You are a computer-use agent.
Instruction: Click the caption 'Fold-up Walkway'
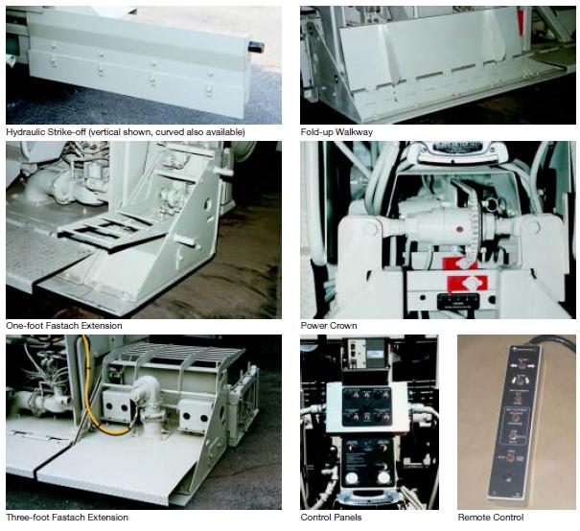point(336,132)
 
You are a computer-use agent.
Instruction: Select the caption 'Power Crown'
point(329,326)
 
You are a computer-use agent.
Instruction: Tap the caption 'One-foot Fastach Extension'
point(64,326)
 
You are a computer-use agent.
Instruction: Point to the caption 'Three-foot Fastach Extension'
point(67,517)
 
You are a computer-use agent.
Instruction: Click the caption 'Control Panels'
point(331,517)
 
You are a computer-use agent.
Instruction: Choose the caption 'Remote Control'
point(491,517)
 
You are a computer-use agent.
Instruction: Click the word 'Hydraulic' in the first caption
point(25,132)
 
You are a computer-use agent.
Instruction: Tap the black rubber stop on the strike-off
point(256,47)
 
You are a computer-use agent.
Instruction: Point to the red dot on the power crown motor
point(460,230)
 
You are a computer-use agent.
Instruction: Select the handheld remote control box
point(515,422)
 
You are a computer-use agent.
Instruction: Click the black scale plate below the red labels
point(458,301)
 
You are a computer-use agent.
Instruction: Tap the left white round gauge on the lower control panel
point(352,477)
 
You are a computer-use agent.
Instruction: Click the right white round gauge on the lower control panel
point(383,477)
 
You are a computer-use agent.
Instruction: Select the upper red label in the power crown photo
point(460,264)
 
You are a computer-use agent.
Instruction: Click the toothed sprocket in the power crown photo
point(475,229)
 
